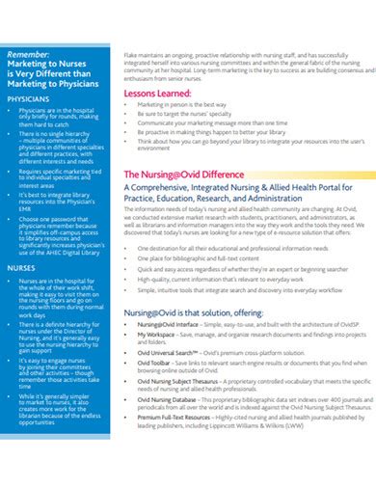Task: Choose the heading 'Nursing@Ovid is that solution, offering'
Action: [193, 315]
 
